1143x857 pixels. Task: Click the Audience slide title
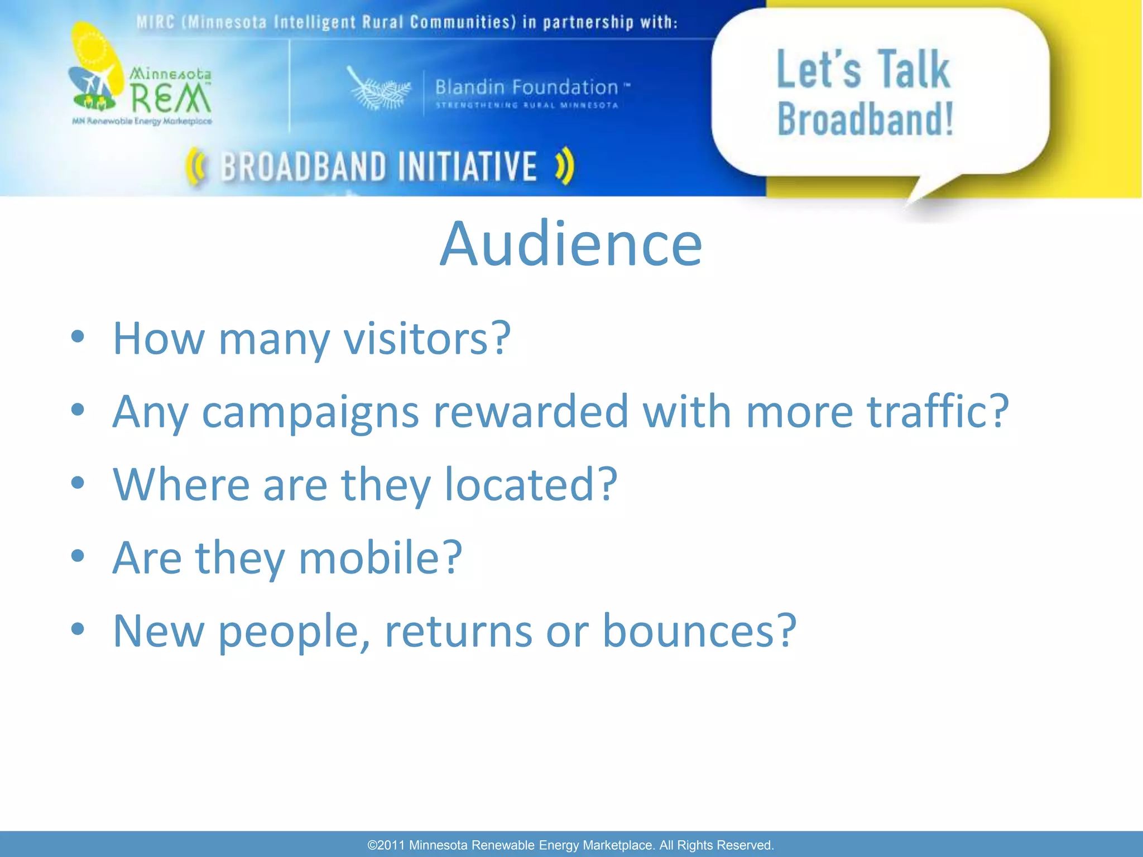pos(571,244)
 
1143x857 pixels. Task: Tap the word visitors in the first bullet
pos(426,338)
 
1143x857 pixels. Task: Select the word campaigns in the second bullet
pos(310,412)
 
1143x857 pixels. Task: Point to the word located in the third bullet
pos(530,484)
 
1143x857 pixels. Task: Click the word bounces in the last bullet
pos(699,630)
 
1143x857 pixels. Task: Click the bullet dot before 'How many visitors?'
pos(78,337)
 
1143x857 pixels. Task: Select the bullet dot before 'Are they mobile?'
pos(78,556)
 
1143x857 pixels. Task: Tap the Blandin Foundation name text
pos(526,87)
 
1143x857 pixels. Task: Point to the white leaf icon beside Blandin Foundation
pos(378,89)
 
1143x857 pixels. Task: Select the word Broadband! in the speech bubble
pos(865,119)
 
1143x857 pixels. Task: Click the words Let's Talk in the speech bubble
pos(863,69)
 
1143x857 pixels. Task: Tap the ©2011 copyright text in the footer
pos(570,845)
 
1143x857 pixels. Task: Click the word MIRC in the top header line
pos(155,22)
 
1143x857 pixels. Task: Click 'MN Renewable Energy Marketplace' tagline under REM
pos(142,121)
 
